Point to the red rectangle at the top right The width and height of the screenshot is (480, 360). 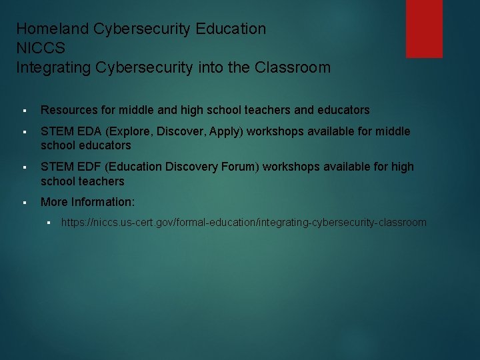point(424,29)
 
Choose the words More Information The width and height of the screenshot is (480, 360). point(87,202)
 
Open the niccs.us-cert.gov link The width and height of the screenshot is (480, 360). point(243,223)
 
